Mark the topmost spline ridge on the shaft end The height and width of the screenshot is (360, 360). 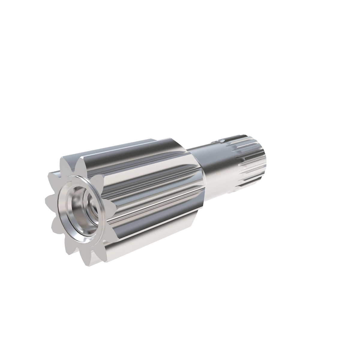tap(243, 140)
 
